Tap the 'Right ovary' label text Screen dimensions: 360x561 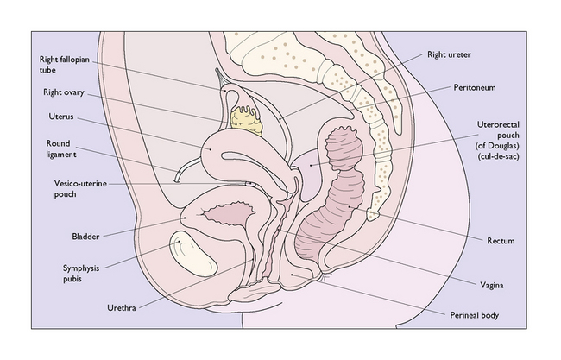[x=61, y=92]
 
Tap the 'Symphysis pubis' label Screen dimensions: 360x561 [x=73, y=273]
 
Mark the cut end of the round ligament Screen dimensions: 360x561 [x=176, y=179]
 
